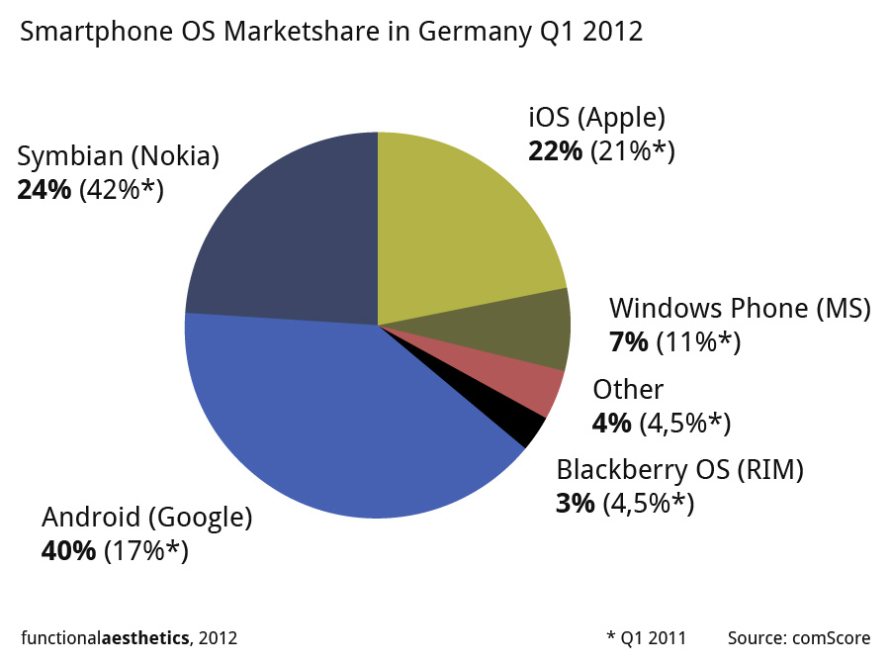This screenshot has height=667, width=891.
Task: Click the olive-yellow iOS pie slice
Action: click(455, 228)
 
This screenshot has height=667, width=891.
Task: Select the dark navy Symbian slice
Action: click(287, 238)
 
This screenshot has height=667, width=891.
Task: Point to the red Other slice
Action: click(540, 392)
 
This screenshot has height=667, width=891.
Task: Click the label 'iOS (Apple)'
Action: click(596, 118)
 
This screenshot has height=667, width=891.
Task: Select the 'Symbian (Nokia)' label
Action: click(118, 156)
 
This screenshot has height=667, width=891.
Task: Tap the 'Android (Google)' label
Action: click(146, 518)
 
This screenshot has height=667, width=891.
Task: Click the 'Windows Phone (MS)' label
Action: click(740, 309)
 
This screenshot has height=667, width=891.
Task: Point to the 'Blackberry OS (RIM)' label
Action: click(679, 470)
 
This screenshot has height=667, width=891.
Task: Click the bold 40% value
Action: click(68, 551)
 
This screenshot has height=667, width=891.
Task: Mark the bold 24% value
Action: click(45, 189)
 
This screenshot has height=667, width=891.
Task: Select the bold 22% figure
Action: click(557, 151)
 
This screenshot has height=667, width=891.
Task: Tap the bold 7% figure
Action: click(629, 342)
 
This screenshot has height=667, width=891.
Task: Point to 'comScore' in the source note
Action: click(831, 638)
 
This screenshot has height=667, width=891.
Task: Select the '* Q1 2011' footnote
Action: click(646, 638)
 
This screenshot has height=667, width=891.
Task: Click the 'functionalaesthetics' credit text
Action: click(105, 638)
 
